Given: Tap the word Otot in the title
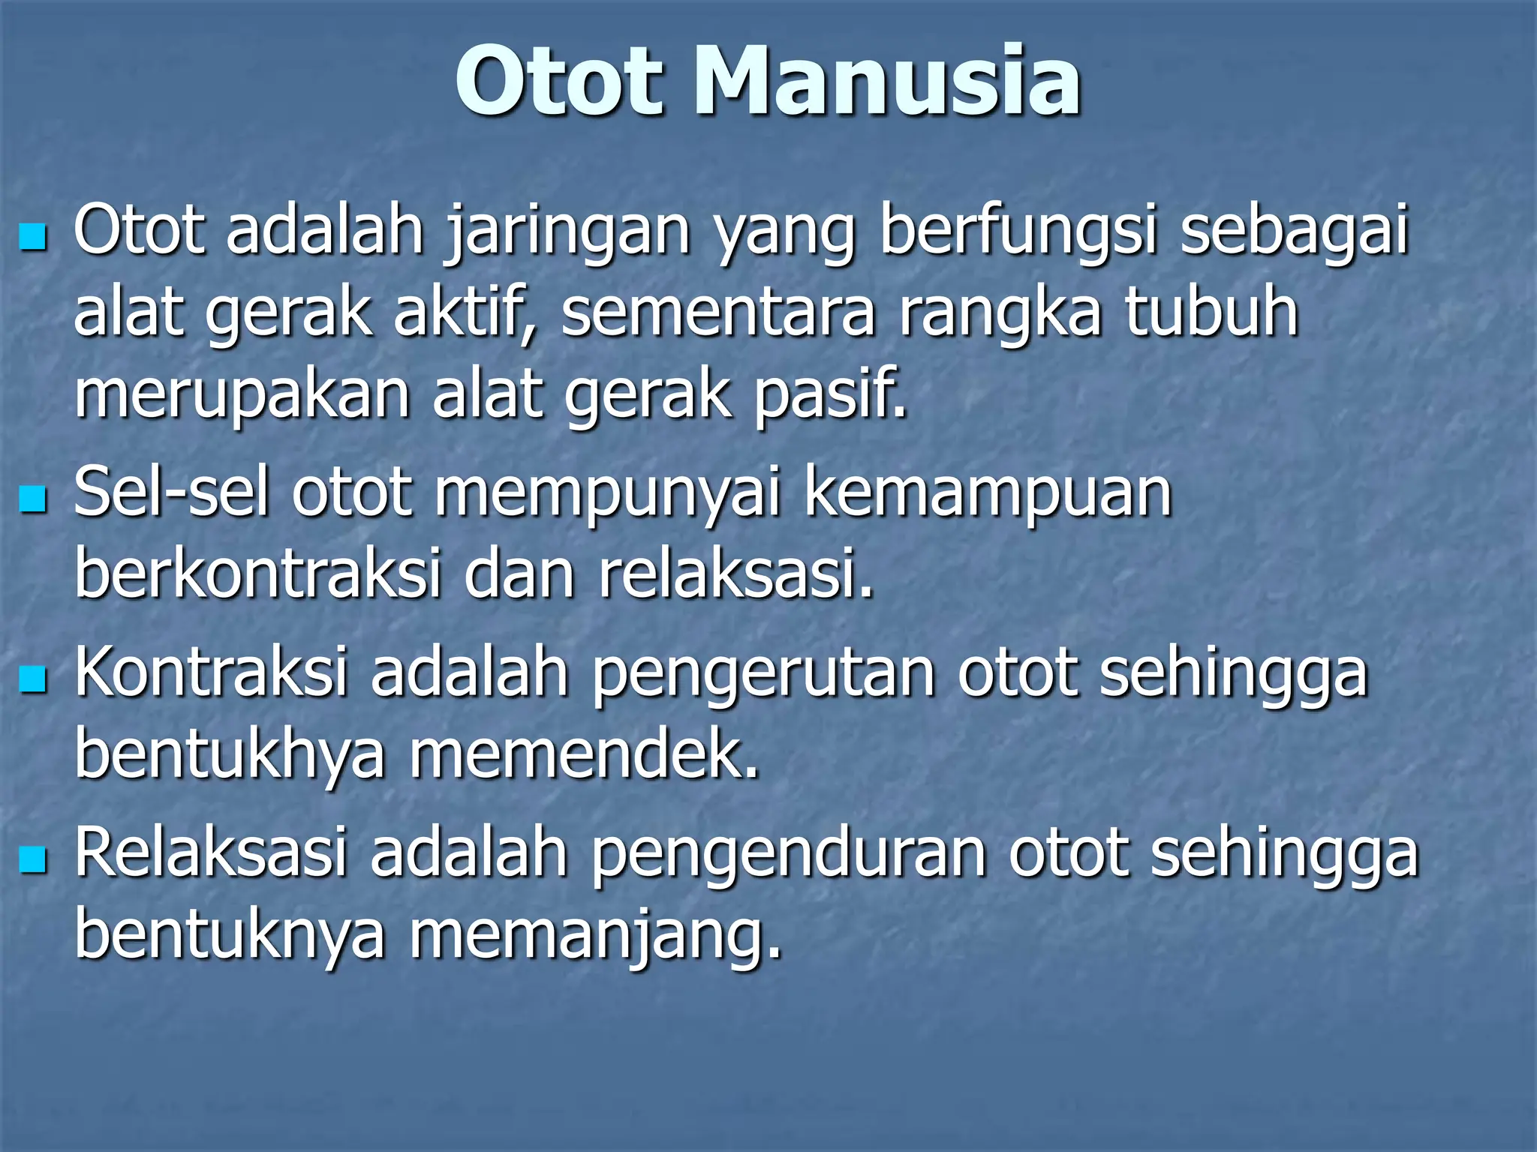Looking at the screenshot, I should point(560,81).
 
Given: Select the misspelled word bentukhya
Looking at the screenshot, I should point(230,755).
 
